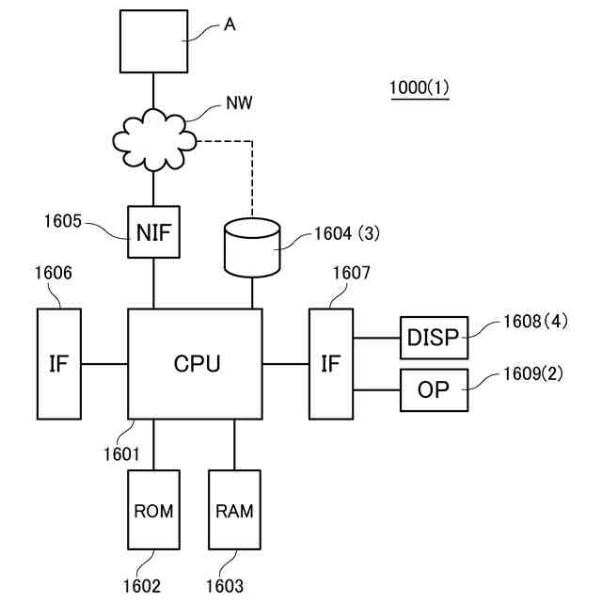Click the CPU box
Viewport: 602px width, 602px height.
click(x=195, y=362)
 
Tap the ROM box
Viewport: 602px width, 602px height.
click(x=152, y=511)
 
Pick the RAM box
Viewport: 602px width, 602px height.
click(x=234, y=511)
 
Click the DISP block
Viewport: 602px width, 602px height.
click(x=435, y=338)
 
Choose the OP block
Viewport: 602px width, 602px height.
click(x=435, y=389)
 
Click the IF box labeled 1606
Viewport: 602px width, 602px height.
click(x=58, y=362)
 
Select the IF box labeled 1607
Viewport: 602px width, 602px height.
click(x=330, y=362)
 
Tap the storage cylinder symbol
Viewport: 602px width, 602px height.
click(x=253, y=246)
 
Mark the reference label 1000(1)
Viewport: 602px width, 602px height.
click(x=420, y=87)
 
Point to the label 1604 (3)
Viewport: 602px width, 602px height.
click(x=348, y=233)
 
